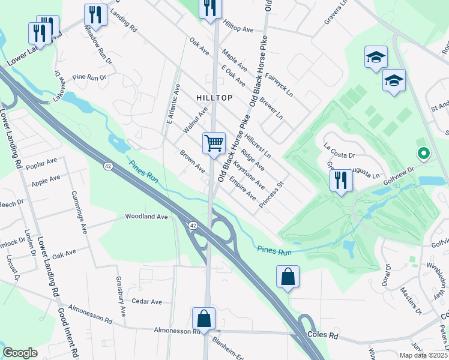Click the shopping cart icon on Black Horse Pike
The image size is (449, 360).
click(214, 143)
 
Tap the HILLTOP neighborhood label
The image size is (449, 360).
click(214, 97)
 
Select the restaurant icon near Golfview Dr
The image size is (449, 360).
click(340, 179)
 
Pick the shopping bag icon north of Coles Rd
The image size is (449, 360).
click(288, 277)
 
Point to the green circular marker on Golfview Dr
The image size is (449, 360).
click(423, 154)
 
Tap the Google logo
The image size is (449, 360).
click(20, 352)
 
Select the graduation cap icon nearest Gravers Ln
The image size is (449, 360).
click(376, 58)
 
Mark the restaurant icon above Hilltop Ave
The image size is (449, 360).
click(210, 7)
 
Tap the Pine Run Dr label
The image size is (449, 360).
click(89, 77)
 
